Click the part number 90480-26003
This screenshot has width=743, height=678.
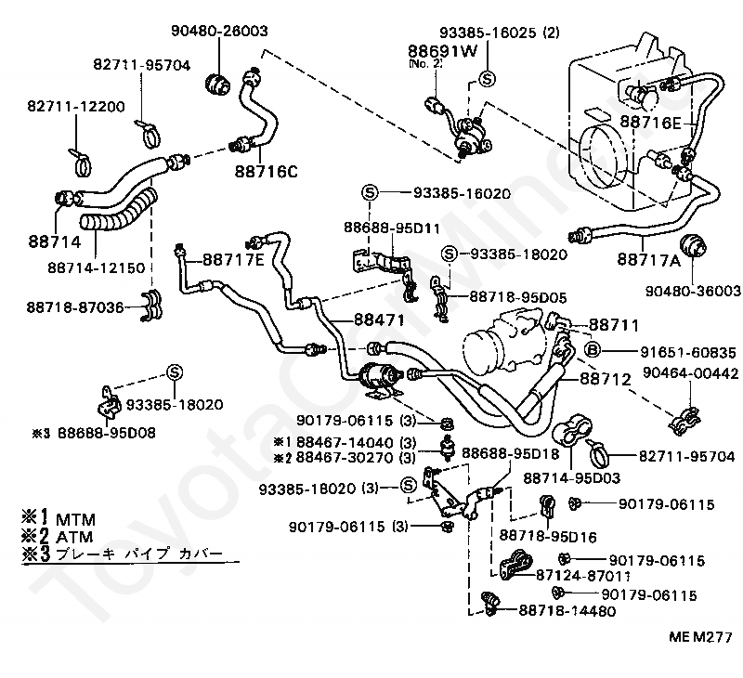coord(219,32)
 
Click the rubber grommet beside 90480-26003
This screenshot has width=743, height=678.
coord(218,82)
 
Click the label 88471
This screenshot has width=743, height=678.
coord(379,319)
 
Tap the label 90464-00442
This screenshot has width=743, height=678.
coord(691,374)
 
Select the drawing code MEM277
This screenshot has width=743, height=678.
coord(698,638)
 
